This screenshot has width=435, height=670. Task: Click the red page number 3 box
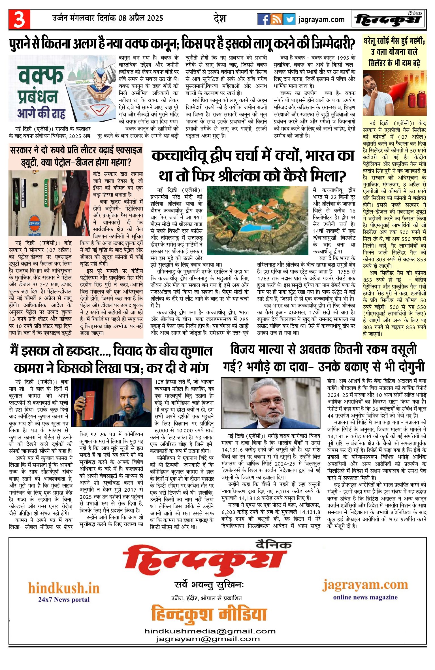[x=19, y=19]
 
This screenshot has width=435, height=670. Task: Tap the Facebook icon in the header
[x=263, y=19]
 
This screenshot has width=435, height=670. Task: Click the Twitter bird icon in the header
[x=289, y=19]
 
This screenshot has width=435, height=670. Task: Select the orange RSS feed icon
[x=276, y=19]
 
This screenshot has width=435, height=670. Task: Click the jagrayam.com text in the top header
[x=321, y=20]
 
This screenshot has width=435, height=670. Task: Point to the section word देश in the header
[x=219, y=18]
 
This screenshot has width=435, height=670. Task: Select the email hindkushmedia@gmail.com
[x=210, y=631]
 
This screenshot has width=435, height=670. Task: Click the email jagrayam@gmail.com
[x=208, y=639]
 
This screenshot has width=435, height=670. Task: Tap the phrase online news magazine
[x=365, y=597]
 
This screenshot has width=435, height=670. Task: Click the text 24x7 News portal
[x=64, y=599]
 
